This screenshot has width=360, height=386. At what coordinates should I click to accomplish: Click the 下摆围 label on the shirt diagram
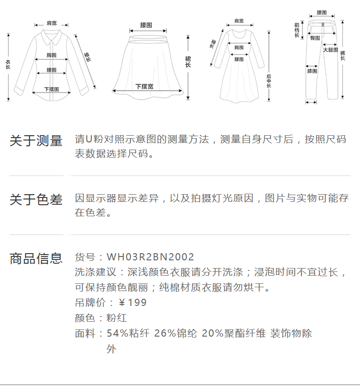[51, 89]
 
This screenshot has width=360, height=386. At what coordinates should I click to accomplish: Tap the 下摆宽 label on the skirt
[144, 86]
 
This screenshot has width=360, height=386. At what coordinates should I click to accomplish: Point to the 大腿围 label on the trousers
[330, 49]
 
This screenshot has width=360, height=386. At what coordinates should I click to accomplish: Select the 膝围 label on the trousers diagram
[312, 71]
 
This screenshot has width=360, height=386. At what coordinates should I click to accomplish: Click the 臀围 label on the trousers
[315, 37]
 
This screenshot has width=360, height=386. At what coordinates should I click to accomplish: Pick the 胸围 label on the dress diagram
[239, 47]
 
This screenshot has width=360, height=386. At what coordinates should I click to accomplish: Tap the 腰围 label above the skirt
[146, 24]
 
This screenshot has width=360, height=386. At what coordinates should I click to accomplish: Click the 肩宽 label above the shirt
[51, 23]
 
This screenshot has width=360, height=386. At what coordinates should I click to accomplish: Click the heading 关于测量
[36, 141]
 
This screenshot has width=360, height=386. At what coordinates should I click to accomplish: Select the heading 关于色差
[36, 200]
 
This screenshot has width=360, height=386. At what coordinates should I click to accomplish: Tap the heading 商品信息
[36, 259]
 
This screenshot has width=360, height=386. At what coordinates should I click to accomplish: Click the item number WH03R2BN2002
[150, 257]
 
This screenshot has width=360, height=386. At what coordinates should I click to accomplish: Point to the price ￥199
[132, 303]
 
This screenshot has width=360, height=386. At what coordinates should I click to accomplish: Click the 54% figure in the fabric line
[117, 333]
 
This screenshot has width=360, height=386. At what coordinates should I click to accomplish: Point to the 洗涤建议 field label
[96, 272]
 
